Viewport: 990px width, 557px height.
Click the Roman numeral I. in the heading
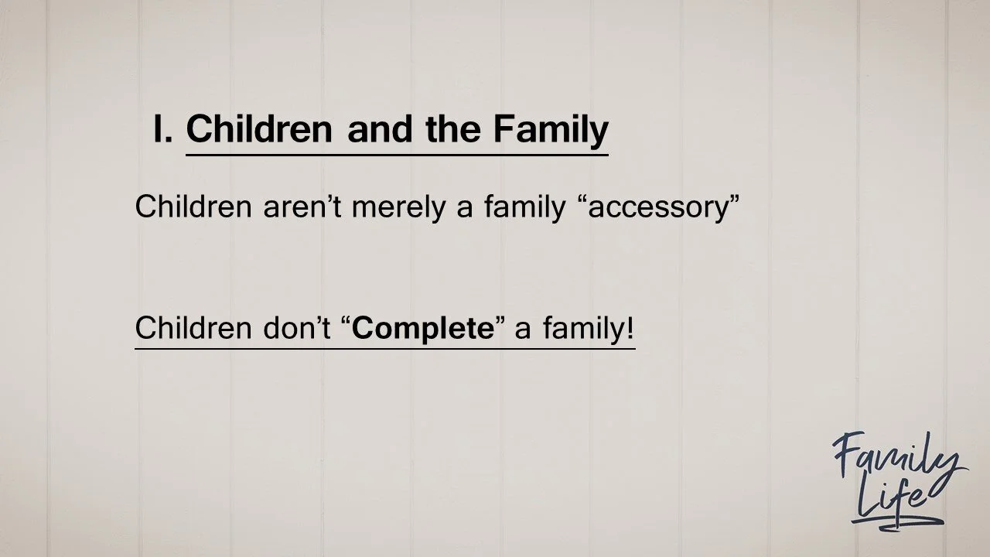(162, 129)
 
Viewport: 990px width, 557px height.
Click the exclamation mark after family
(630, 329)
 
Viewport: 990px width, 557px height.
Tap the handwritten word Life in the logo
(893, 507)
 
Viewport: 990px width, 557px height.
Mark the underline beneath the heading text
(397, 155)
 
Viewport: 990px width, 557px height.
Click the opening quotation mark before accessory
(581, 202)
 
